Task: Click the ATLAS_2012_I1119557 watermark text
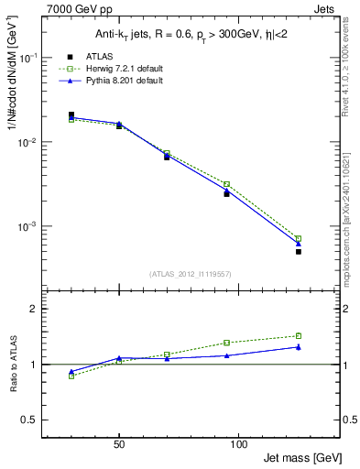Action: point(191,274)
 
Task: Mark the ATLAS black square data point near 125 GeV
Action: point(299,251)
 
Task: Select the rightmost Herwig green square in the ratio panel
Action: point(299,335)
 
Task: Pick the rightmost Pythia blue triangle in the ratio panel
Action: point(299,347)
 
